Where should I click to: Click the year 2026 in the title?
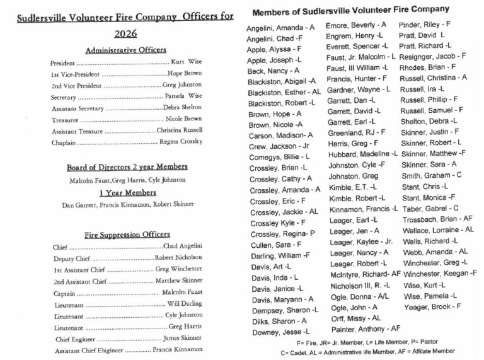coord(126,33)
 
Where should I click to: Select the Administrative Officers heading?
coord(125,50)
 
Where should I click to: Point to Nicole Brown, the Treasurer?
coord(183,119)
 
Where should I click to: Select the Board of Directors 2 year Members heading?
coord(127,167)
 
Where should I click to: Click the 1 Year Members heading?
coord(127,192)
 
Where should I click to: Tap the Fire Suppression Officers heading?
coord(127,235)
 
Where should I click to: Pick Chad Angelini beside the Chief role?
coord(183,247)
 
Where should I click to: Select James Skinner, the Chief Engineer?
coord(183,339)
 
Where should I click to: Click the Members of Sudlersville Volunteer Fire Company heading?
coord(350,10)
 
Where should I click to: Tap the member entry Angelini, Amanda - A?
coord(280,28)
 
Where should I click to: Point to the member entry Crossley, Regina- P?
coord(282,234)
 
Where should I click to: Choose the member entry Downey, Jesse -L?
coord(280,331)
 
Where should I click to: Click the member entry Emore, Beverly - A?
coord(356,25)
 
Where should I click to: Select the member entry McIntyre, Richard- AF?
coord(365,274)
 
